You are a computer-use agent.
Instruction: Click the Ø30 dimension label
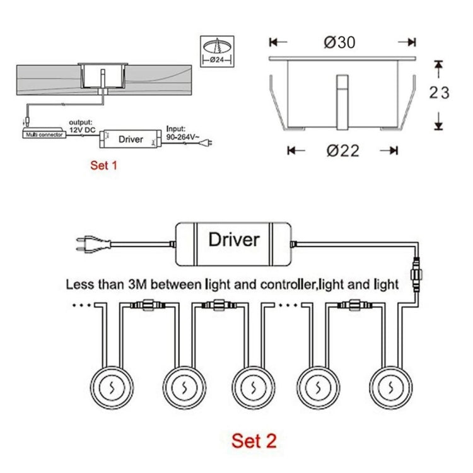340,42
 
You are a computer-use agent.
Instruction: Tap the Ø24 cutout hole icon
218,51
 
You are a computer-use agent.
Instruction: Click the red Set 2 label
254,440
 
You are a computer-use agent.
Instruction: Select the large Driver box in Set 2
234,240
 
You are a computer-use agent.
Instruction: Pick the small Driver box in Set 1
131,138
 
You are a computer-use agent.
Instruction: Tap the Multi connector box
44,134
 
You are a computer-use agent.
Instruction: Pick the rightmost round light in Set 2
391,385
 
